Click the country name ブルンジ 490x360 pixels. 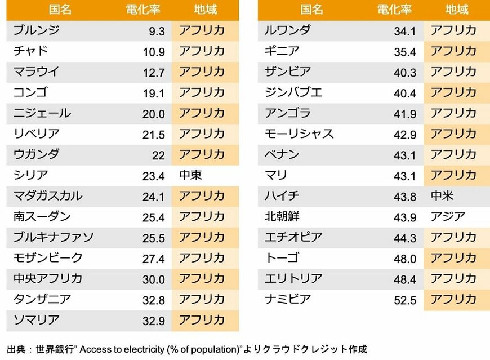tap(36, 30)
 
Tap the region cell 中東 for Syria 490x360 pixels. tap(190, 175)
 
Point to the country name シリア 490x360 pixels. tap(30, 175)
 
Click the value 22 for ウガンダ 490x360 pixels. tap(158, 155)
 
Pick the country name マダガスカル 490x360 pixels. tap(48, 196)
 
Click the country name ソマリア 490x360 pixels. tap(36, 320)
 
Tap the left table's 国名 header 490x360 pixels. tap(60, 10)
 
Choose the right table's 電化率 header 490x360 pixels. tap(394, 10)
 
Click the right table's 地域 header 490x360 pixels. tap(456, 10)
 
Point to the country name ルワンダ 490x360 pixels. tap(287, 30)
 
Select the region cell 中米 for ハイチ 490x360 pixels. tap(442, 196)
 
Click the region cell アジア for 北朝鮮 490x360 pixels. tap(448, 216)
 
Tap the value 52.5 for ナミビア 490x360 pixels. tap(405, 300)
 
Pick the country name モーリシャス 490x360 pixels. tap(299, 134)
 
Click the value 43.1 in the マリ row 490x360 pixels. tap(405, 176)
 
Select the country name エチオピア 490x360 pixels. tap(293, 237)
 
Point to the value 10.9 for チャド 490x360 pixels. tap(154, 52)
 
